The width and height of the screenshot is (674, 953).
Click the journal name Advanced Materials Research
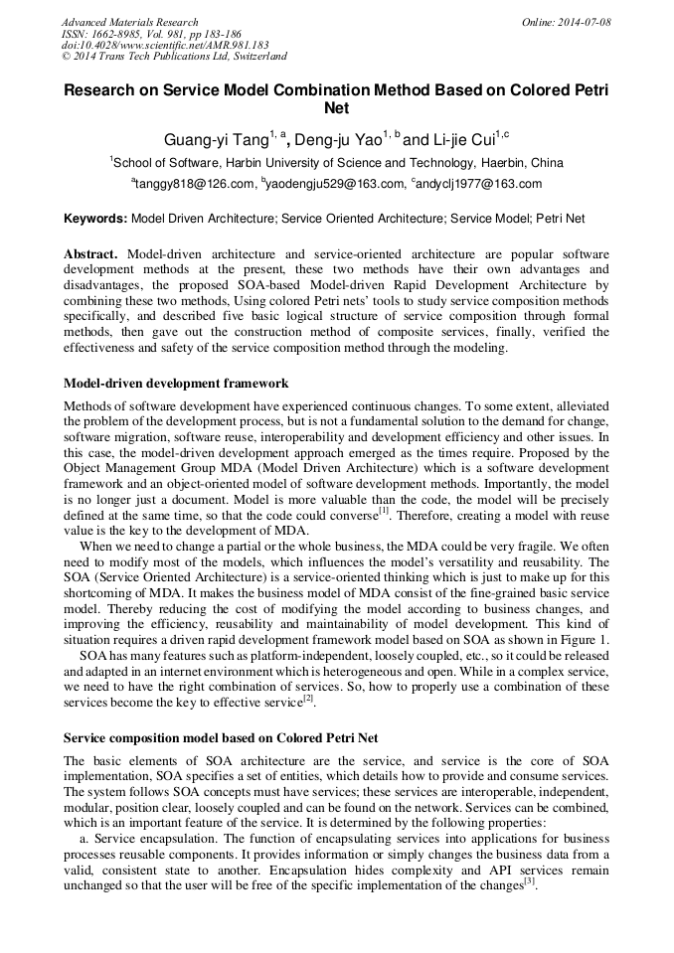click(x=130, y=22)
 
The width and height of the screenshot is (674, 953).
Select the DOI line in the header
click(x=165, y=46)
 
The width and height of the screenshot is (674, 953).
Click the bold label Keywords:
click(x=95, y=218)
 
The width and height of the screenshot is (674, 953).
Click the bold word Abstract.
click(x=91, y=254)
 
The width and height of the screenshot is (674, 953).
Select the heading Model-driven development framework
click(x=176, y=383)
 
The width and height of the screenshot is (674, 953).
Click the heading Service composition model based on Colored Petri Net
click(x=221, y=738)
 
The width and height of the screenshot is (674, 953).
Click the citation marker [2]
click(x=308, y=700)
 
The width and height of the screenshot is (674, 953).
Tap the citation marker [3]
click(x=530, y=881)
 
